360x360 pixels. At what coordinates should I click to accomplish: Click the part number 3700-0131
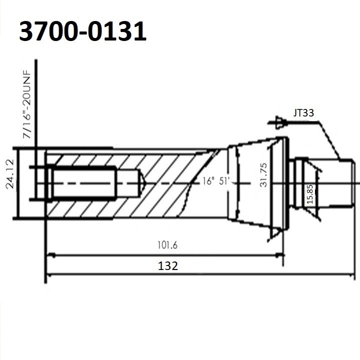point(82,31)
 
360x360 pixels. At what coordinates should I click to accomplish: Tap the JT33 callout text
point(304,113)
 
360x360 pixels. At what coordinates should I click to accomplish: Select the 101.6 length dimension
point(167,245)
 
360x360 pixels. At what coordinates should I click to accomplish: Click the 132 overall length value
point(167,265)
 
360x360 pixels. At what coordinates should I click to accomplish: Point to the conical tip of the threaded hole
point(141,182)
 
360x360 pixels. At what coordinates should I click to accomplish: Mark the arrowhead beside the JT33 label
point(273,121)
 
